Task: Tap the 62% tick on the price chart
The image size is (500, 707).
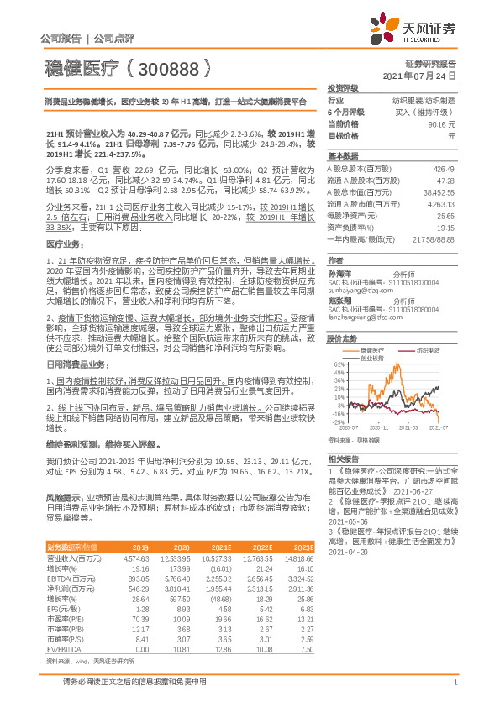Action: coord(337,364)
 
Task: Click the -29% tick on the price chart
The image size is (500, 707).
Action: coord(337,423)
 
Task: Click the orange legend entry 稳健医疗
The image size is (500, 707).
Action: coord(368,349)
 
